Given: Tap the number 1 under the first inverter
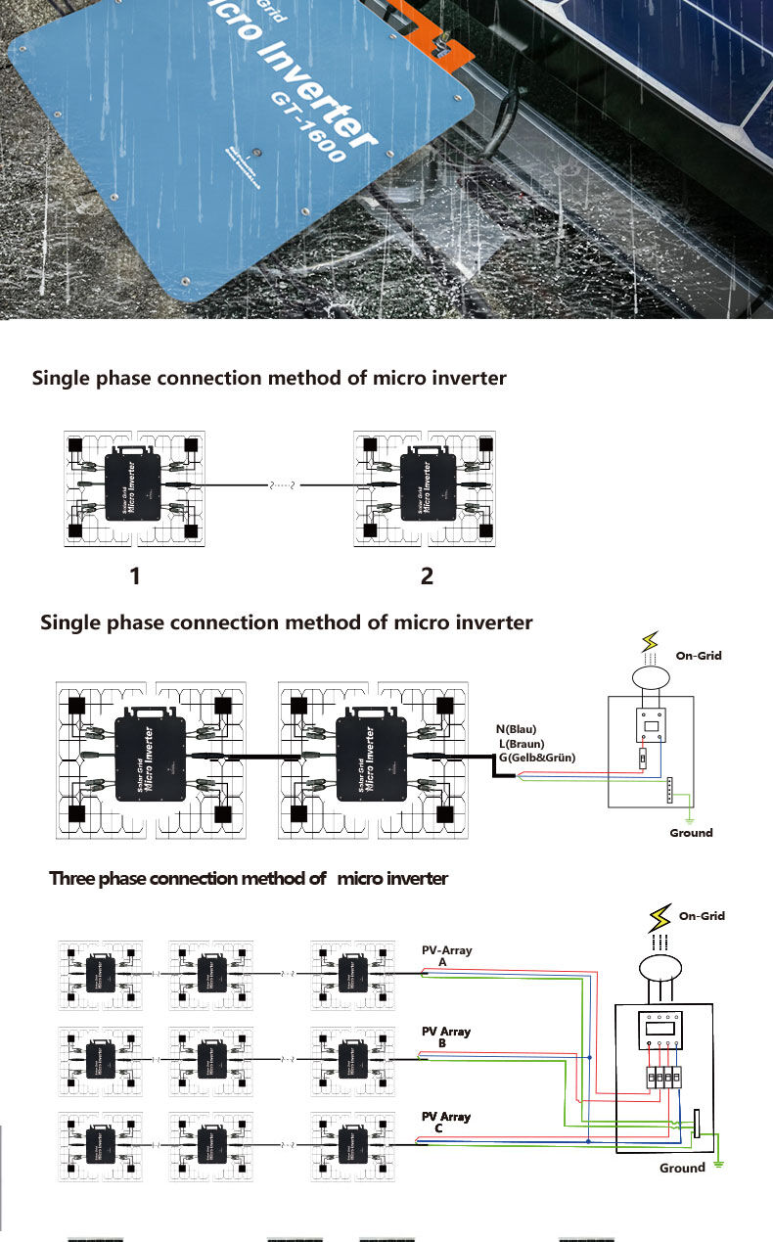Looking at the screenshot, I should (x=135, y=577).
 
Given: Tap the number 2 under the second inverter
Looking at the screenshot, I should (x=427, y=577).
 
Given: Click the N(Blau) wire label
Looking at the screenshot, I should (x=517, y=729).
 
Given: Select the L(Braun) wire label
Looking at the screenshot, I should (x=522, y=744).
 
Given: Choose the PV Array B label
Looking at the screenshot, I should (x=445, y=1037).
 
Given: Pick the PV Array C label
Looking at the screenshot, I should (x=445, y=1123).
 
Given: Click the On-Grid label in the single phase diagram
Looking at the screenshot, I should (x=699, y=655).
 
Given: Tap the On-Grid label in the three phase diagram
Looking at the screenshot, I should (x=702, y=916).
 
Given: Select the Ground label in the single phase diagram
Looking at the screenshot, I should (x=691, y=833).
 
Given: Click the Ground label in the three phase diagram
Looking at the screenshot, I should (x=682, y=1168).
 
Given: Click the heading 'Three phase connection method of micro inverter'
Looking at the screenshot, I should (x=249, y=879).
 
